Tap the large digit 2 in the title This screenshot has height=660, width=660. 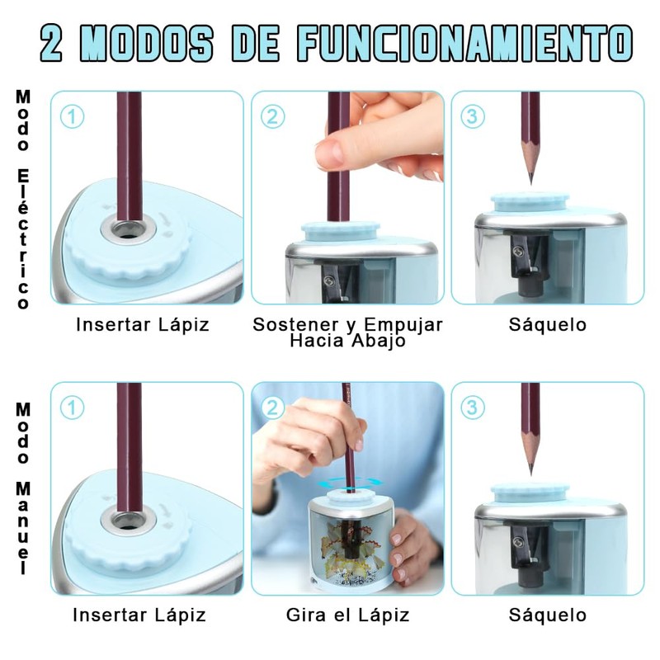point(52,43)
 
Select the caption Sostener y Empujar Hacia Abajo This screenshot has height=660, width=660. point(347,332)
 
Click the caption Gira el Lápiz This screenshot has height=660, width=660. point(347,615)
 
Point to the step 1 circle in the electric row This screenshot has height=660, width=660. point(72,116)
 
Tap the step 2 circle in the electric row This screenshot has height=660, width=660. point(272,116)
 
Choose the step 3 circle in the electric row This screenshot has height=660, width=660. point(472,116)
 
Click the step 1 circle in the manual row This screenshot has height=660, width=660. point(72,408)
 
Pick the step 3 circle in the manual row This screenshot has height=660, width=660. point(472,408)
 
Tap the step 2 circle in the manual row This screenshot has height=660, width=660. point(272,408)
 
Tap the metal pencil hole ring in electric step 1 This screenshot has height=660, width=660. point(129,229)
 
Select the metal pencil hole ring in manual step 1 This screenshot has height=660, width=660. point(129,521)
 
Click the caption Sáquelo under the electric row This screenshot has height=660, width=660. point(547,324)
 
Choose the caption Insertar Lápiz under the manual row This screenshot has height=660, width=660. point(139,615)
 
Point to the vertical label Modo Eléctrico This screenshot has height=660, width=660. point(23,199)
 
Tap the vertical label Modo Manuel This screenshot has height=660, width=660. point(23,488)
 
